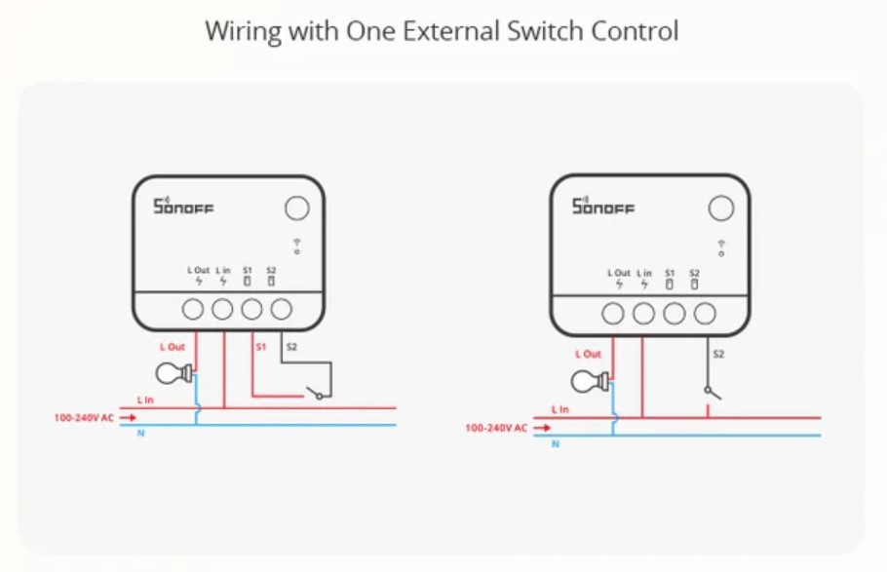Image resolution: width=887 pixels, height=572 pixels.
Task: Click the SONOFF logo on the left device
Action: [183, 207]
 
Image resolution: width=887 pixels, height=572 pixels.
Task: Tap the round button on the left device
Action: [296, 208]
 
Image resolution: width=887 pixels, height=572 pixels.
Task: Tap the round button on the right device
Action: [720, 208]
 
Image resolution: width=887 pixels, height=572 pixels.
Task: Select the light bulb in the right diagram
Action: [591, 381]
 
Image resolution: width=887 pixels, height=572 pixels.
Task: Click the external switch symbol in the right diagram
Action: [713, 392]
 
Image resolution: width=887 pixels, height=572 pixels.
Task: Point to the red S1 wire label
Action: [260, 347]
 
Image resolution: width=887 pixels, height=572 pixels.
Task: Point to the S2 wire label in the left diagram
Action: [290, 347]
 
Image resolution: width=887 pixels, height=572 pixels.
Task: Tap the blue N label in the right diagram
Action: [556, 444]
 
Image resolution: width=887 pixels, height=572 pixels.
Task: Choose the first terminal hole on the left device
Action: [193, 310]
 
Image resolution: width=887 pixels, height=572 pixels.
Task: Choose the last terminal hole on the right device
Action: [704, 314]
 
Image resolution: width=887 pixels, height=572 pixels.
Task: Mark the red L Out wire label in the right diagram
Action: [588, 355]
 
